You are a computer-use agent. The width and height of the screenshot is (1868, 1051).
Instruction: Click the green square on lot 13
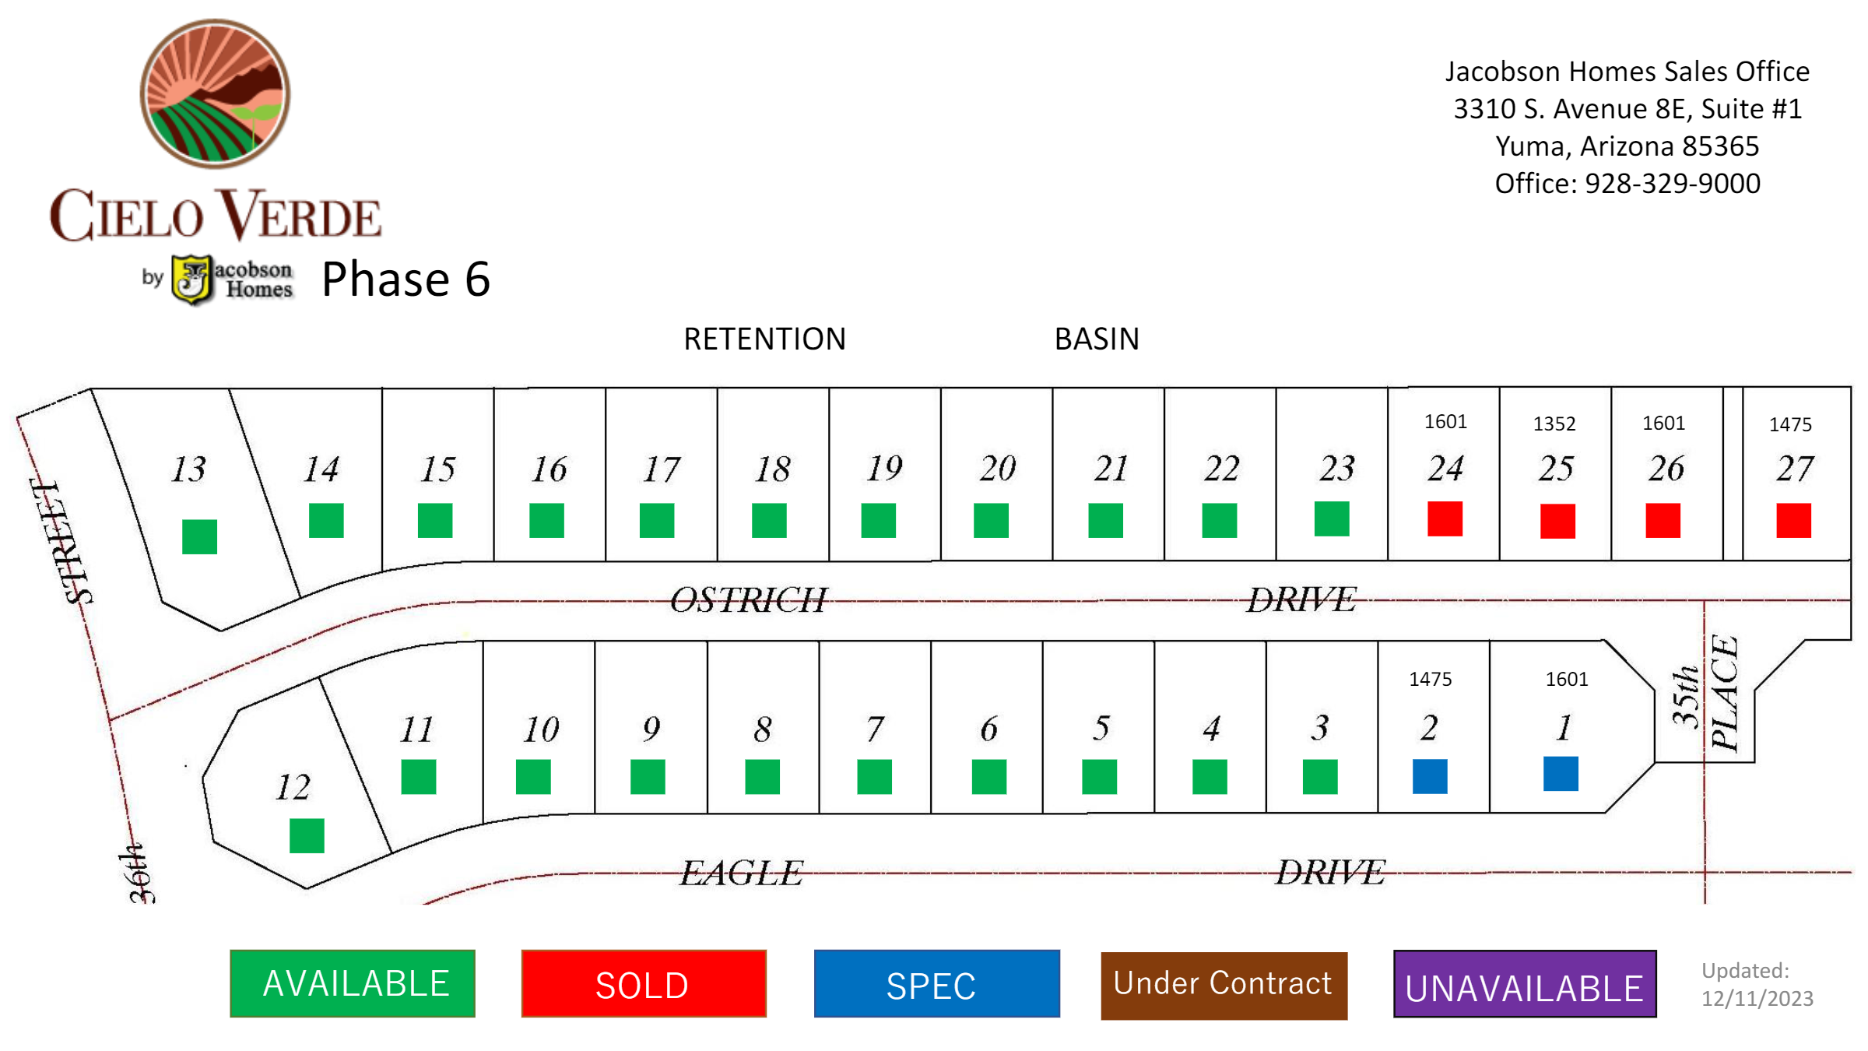tap(199, 537)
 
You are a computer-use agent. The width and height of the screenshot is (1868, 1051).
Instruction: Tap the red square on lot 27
tap(1793, 520)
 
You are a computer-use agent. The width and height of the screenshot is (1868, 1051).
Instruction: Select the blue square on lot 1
tap(1561, 774)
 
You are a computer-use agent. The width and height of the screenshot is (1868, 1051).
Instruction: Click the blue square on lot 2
tap(1430, 776)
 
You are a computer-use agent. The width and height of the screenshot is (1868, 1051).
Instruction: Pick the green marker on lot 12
tap(307, 835)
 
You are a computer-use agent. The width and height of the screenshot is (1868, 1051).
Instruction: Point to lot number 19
tap(885, 468)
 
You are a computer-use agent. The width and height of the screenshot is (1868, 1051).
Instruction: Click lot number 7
tap(875, 729)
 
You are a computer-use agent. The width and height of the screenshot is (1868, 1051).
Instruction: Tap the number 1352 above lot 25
tap(1554, 424)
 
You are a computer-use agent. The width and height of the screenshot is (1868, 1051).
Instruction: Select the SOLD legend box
tap(644, 983)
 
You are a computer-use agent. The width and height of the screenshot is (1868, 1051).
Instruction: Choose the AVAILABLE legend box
tap(353, 983)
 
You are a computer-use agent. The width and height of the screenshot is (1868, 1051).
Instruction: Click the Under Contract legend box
tap(1224, 985)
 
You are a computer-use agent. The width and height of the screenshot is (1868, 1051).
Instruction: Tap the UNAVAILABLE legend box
tap(1525, 984)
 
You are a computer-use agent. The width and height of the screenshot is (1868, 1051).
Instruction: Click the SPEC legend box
tap(937, 983)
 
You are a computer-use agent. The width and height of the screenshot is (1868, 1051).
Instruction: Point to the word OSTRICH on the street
tap(749, 600)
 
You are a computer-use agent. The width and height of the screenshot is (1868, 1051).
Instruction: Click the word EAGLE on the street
tap(742, 873)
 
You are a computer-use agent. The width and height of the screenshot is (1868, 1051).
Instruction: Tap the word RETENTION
tap(764, 339)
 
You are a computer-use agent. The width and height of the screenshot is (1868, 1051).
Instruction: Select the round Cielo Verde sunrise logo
tap(215, 93)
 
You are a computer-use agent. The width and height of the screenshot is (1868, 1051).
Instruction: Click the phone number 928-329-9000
tap(1673, 184)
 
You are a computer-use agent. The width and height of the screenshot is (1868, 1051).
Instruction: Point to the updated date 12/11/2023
tap(1757, 998)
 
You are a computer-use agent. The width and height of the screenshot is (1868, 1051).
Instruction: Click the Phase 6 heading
tap(406, 279)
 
